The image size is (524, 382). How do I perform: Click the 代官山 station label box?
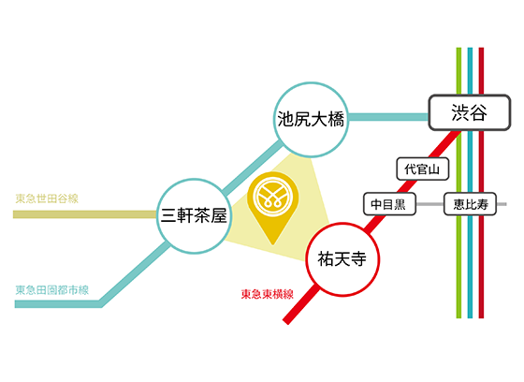(422, 169)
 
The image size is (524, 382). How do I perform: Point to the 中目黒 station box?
(389, 204)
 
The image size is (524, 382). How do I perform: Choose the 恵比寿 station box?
(470, 204)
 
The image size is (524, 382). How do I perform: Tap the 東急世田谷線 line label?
(47, 198)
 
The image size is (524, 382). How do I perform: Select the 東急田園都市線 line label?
(52, 289)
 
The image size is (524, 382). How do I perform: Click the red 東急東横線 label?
(268, 294)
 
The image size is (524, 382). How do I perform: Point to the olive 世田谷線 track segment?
(85, 214)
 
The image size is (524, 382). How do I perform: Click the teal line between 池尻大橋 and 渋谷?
(388, 117)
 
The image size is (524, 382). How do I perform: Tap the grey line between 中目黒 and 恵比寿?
(429, 204)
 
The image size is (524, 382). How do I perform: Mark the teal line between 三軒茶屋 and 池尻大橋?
(252, 167)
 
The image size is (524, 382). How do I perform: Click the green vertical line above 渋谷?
(458, 71)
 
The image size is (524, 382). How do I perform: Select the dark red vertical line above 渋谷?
(481, 71)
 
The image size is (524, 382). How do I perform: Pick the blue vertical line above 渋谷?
(470, 71)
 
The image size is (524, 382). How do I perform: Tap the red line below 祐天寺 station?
(300, 304)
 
